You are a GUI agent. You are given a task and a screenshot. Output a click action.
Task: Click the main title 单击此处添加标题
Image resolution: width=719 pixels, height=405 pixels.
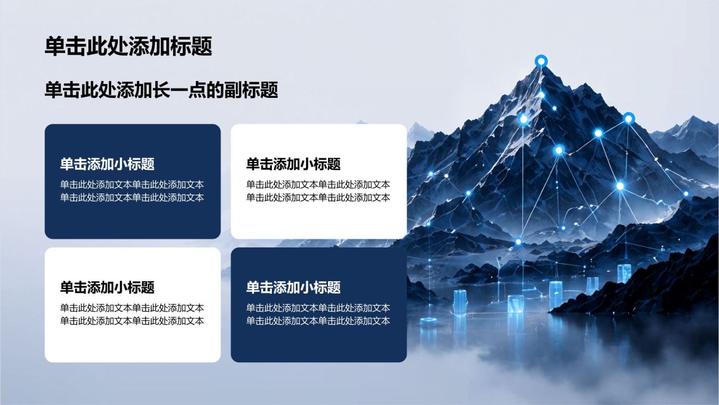coord(129,46)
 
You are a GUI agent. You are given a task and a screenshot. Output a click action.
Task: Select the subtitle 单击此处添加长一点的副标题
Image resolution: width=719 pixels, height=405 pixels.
coord(161,89)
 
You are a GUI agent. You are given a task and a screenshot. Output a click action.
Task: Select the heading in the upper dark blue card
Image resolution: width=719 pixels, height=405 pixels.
coord(107,164)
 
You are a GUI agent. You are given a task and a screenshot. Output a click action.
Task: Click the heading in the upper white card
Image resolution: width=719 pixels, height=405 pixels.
coord(293,164)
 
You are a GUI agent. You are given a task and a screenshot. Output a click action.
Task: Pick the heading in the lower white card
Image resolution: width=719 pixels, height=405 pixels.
coord(107,287)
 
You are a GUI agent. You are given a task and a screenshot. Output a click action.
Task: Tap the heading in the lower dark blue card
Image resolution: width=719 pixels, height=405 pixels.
coord(293,287)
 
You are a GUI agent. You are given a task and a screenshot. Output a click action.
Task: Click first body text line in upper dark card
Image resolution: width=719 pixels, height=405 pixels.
coord(132,184)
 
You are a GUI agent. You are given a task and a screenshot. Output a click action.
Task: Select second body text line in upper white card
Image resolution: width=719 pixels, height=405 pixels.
coord(318,197)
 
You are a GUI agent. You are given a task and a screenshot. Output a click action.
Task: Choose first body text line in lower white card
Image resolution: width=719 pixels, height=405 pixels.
coord(132,308)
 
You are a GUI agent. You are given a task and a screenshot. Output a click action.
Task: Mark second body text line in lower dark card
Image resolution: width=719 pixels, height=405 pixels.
coord(318,321)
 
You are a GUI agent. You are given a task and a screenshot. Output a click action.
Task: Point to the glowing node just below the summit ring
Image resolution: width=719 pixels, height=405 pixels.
coord(541,95)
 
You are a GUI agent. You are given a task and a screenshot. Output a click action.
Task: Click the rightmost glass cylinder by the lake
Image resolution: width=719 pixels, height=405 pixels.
coord(624,274)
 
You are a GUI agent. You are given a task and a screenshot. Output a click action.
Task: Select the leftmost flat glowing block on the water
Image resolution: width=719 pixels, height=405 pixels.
coord(428,320)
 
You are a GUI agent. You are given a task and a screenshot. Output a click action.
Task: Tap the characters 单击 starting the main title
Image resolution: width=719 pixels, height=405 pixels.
coord(66,46)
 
